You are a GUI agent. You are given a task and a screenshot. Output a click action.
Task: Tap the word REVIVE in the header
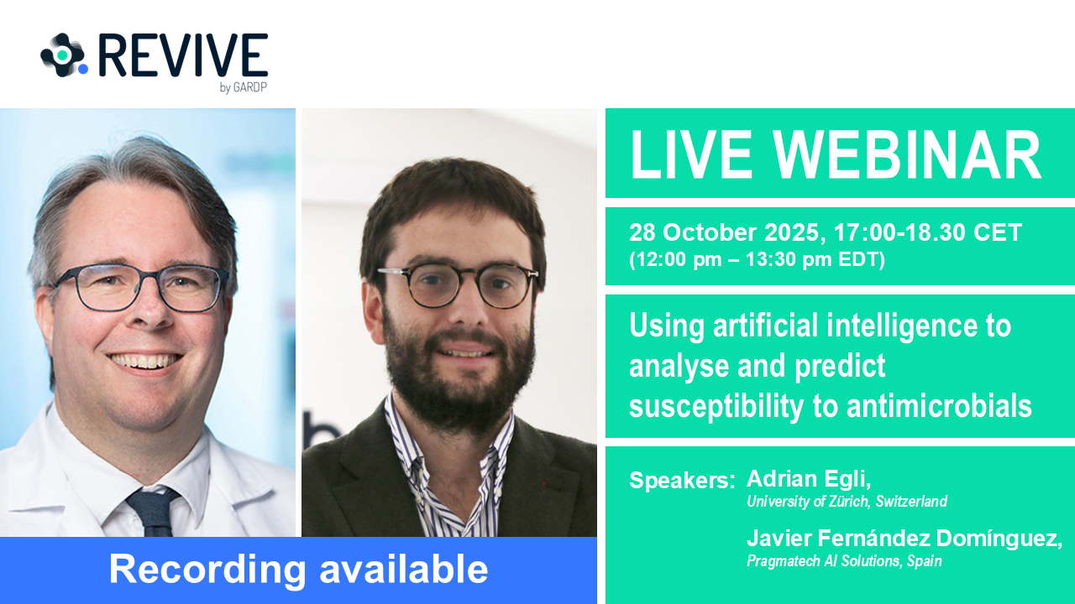183,55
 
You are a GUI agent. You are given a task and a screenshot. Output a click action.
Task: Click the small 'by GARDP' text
243,87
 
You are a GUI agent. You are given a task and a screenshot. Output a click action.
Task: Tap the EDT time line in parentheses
757,260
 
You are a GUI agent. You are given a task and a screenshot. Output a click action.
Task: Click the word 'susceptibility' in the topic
716,406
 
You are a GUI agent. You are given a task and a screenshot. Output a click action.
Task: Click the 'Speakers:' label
682,481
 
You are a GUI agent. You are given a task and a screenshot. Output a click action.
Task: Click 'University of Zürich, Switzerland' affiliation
847,502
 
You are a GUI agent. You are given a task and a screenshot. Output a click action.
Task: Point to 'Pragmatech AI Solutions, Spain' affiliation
844,561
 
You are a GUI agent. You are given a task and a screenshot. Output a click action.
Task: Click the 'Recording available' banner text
298,570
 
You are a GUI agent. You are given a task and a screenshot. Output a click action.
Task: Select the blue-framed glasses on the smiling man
139,287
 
